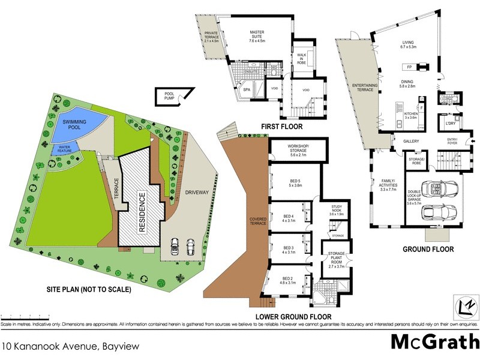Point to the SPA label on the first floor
pos(246,90)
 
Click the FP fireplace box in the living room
pos(409,67)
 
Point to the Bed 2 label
pos(288,280)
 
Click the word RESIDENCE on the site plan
pos(143,212)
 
